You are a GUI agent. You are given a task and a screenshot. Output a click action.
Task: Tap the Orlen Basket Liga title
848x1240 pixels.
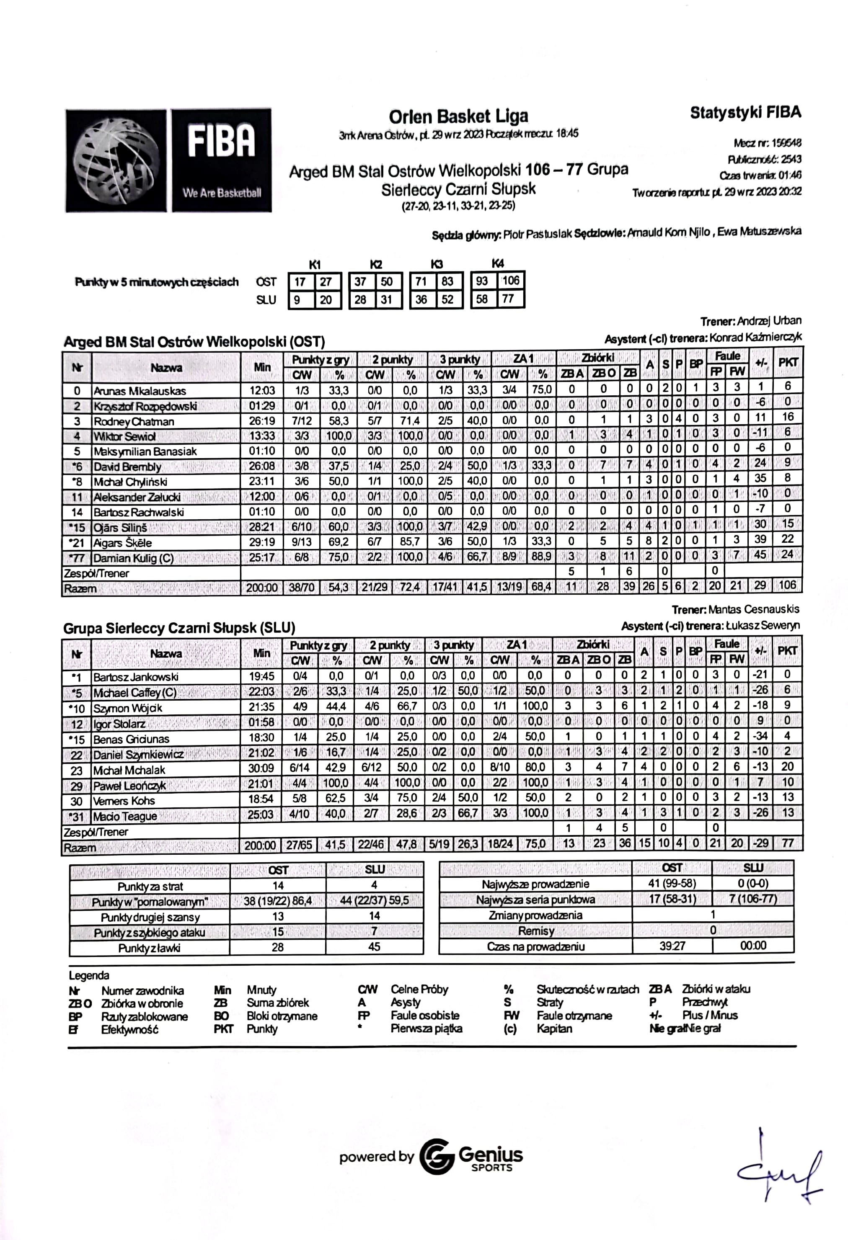pyautogui.click(x=458, y=116)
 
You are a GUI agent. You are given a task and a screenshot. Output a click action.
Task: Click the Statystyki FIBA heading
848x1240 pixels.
pyautogui.click(x=745, y=113)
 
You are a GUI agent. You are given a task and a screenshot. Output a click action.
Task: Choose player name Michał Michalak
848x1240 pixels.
pyautogui.click(x=129, y=770)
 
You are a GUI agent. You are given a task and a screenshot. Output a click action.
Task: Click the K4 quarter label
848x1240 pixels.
pyautogui.click(x=497, y=263)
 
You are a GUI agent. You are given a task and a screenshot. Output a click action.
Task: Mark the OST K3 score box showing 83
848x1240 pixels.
pyautogui.click(x=447, y=281)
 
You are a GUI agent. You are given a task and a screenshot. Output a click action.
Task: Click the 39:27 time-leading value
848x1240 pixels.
pyautogui.click(x=672, y=946)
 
